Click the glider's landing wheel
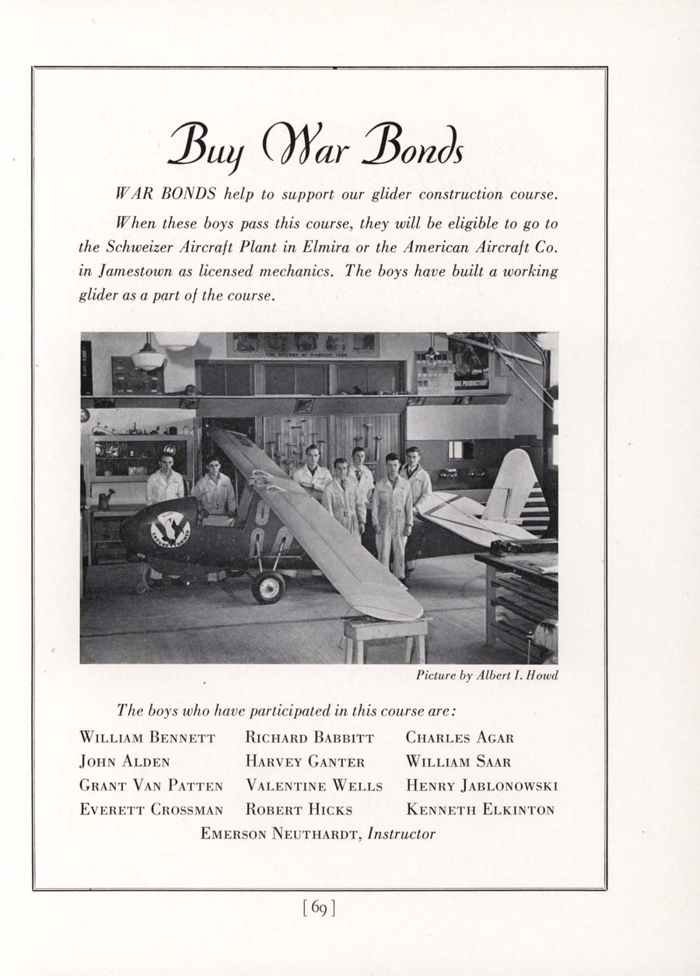(x=268, y=587)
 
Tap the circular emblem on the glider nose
(x=170, y=530)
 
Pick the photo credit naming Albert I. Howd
(x=487, y=675)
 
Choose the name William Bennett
(x=147, y=737)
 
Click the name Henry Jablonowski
(x=481, y=785)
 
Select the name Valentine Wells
(x=314, y=785)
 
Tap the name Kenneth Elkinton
(x=480, y=810)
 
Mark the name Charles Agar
(x=460, y=737)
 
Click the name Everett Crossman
(x=152, y=810)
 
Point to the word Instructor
(x=401, y=834)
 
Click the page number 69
(x=319, y=908)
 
